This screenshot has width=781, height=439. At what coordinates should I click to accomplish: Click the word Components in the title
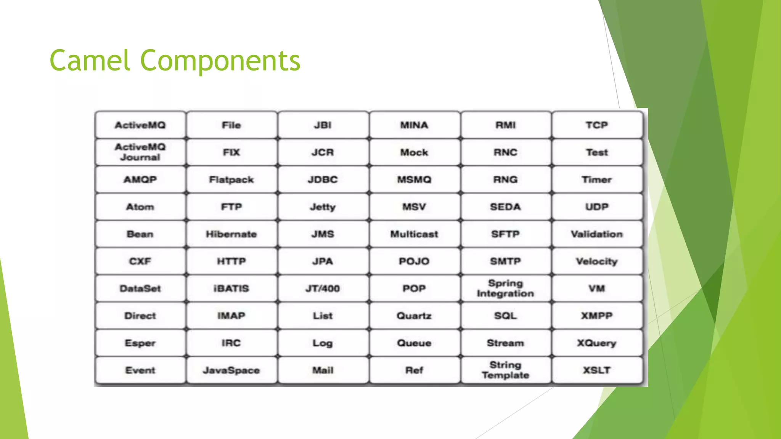pyautogui.click(x=220, y=61)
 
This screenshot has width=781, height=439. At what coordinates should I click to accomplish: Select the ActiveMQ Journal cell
pyautogui.click(x=140, y=152)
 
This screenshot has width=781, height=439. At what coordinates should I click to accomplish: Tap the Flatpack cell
pyautogui.click(x=231, y=179)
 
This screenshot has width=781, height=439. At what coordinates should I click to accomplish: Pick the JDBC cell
pyautogui.click(x=323, y=179)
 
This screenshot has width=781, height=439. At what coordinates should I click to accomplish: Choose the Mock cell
pyautogui.click(x=414, y=152)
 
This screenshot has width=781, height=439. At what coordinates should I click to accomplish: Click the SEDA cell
pyautogui.click(x=505, y=207)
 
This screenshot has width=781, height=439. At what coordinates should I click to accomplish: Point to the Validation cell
pyautogui.click(x=597, y=234)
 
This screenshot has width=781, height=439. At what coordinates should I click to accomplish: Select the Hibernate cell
pyautogui.click(x=231, y=234)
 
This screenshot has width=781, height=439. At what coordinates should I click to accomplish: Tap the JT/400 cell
pyautogui.click(x=323, y=288)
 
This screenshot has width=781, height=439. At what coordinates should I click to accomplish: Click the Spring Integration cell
pyautogui.click(x=505, y=288)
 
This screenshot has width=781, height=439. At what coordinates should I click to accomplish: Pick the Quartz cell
pyautogui.click(x=414, y=316)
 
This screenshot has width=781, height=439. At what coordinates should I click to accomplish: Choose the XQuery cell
pyautogui.click(x=597, y=343)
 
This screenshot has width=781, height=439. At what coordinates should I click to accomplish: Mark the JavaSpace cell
pyautogui.click(x=231, y=370)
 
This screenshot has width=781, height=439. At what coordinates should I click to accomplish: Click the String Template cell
pyautogui.click(x=505, y=370)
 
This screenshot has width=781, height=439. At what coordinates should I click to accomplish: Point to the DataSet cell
pyautogui.click(x=140, y=288)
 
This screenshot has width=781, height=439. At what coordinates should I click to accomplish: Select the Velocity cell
pyautogui.click(x=597, y=261)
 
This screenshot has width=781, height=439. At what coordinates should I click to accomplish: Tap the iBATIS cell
pyautogui.click(x=231, y=288)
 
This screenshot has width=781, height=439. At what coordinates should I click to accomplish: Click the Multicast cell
pyautogui.click(x=414, y=234)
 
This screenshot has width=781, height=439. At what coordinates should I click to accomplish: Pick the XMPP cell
pyautogui.click(x=597, y=316)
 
